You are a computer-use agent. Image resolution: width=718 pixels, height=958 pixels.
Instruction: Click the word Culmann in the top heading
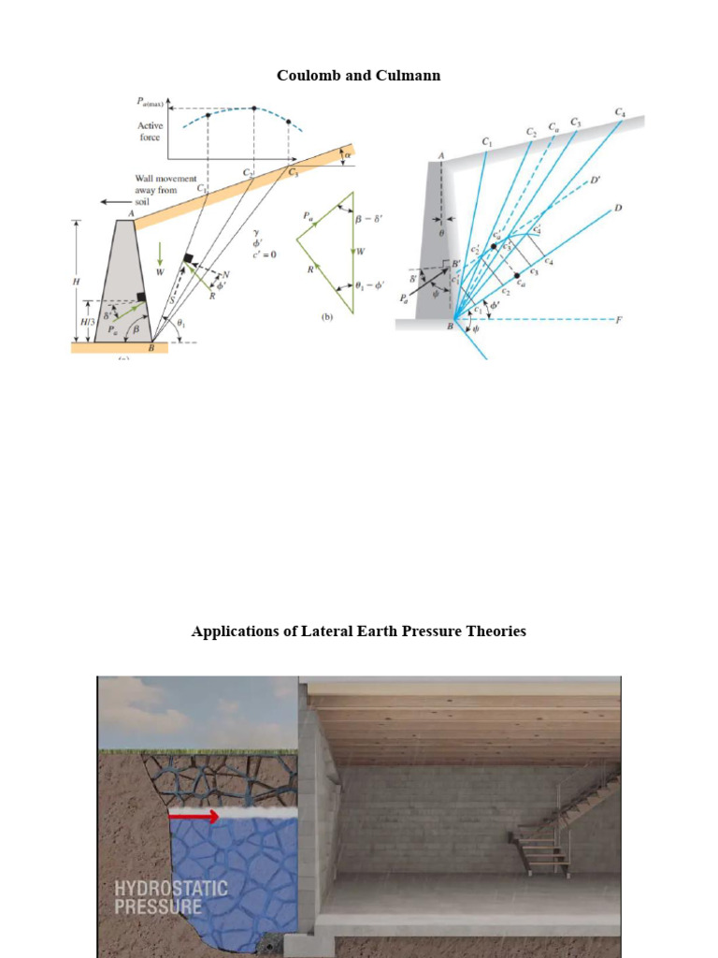[411, 75]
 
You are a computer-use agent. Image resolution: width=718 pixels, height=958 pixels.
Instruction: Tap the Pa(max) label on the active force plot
[150, 105]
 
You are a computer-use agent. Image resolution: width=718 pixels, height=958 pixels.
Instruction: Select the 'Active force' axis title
[151, 131]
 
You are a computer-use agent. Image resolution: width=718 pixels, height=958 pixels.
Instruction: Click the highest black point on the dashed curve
[254, 108]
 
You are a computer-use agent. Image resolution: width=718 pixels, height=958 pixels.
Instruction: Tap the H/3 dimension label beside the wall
[84, 320]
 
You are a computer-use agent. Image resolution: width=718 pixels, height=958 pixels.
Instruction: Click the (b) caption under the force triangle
[327, 317]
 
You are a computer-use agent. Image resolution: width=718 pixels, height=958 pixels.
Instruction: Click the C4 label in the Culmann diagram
[620, 112]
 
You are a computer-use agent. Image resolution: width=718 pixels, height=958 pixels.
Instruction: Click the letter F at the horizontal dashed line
[618, 319]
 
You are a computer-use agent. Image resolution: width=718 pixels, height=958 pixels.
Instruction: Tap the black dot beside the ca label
[517, 276]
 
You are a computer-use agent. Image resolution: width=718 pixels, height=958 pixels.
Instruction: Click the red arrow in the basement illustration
[194, 817]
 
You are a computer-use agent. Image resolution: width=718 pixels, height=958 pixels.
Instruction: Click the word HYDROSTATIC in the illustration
[171, 887]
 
